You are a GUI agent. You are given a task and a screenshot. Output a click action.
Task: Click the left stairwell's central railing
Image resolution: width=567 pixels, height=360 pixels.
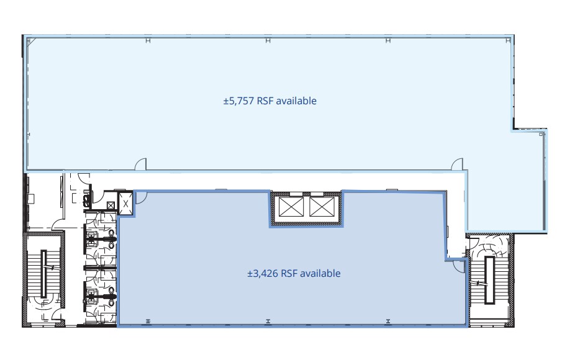(45, 273)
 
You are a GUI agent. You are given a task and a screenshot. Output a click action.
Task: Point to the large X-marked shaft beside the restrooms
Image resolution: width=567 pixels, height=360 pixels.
(125, 204)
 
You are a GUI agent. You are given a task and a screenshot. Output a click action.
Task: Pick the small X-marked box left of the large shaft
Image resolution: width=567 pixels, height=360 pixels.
(111, 205)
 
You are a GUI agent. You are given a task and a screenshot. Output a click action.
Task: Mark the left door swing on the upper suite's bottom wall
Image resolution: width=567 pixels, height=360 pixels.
(141, 164)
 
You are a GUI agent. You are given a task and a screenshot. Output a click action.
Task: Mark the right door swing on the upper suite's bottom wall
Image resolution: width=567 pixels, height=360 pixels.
(456, 164)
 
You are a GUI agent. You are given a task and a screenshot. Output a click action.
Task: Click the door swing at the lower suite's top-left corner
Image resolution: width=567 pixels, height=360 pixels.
(141, 197)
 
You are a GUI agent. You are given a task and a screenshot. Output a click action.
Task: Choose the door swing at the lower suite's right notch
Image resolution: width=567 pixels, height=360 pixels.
(458, 265)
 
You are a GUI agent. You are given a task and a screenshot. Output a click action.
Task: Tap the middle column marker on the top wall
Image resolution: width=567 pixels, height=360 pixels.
(268, 41)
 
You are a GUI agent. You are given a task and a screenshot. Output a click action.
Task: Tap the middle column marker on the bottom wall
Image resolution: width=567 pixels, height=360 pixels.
(268, 321)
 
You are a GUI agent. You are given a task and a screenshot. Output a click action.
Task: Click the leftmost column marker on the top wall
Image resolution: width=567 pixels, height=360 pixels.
(147, 41)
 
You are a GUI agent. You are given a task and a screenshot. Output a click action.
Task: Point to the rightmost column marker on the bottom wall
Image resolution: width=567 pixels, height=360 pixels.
(388, 321)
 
